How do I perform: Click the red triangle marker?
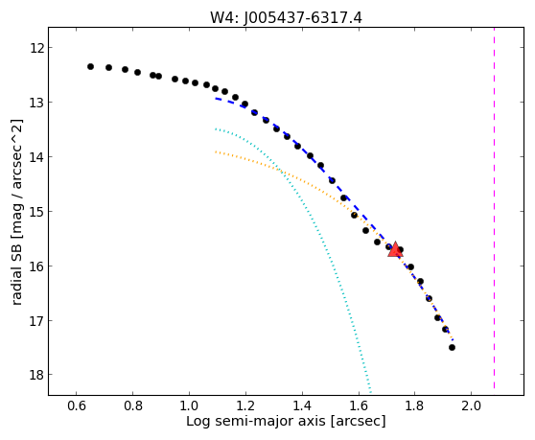(395, 249)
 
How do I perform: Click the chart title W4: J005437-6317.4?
(286, 17)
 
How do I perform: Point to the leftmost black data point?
(90, 66)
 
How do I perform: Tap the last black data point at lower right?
(452, 348)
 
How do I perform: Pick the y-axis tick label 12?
(36, 48)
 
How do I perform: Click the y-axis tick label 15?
(36, 212)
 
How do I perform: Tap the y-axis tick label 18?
(36, 375)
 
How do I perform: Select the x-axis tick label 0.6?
(76, 405)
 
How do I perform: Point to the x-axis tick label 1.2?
(245, 405)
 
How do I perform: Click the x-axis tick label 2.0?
(471, 405)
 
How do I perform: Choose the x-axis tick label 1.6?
(359, 405)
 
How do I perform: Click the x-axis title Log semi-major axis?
(256, 422)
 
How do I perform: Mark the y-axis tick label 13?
(36, 103)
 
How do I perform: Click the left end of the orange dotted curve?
(216, 151)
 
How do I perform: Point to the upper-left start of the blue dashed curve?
(216, 99)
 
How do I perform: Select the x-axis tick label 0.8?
(132, 405)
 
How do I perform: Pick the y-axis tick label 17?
(36, 320)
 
